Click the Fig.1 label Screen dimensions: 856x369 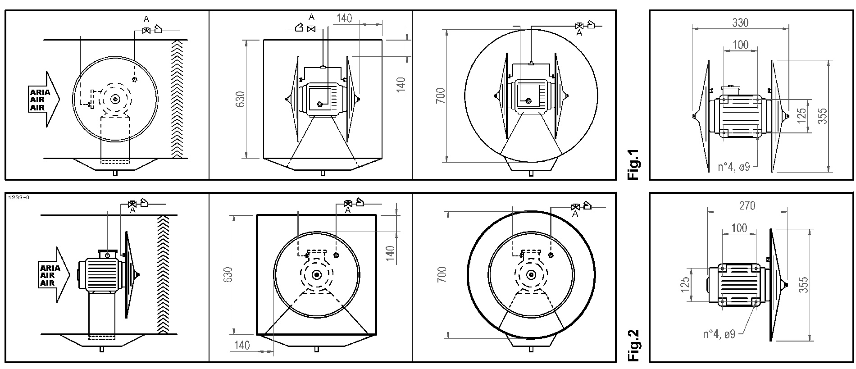[633, 164]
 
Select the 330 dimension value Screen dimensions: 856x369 [740, 22]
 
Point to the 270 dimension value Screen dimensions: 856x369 [747, 205]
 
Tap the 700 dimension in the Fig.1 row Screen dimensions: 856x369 [441, 96]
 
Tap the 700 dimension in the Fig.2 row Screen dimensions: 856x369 [441, 275]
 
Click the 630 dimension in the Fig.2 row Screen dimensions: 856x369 [228, 275]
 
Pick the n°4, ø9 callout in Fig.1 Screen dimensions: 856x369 [734, 167]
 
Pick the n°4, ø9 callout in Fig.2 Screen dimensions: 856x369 [719, 334]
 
